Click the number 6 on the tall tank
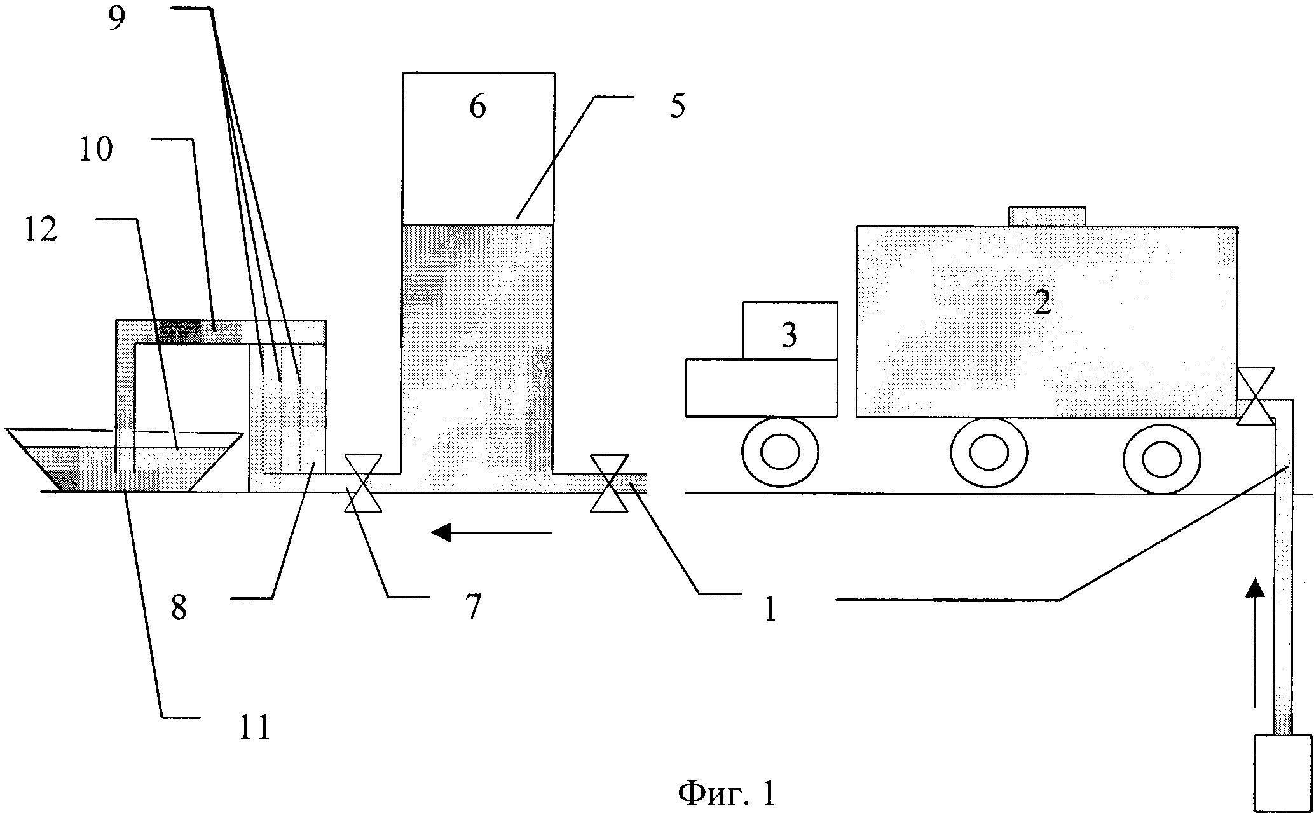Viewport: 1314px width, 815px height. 477,107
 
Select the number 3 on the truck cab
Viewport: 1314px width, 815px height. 789,335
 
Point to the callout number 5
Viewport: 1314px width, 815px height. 677,106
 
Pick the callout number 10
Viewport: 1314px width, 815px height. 95,149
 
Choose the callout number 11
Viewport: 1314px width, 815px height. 254,727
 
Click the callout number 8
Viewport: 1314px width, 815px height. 179,608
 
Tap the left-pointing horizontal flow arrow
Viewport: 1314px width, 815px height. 491,532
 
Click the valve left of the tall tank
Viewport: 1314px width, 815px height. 362,483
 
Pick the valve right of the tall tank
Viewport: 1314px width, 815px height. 609,483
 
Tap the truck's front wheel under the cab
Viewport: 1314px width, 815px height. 780,452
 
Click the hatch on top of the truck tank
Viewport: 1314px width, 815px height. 1047,216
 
